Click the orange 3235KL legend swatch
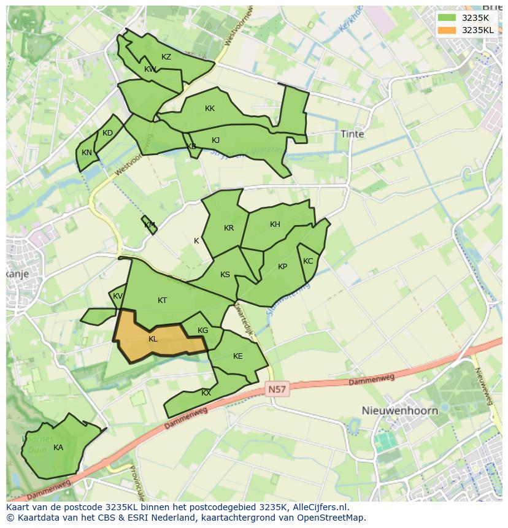tap(448, 30)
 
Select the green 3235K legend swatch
tap(448, 18)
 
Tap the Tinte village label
tap(352, 134)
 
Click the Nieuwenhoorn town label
tap(399, 410)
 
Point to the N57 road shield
tap(277, 389)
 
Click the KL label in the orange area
tap(153, 339)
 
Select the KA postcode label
tap(58, 448)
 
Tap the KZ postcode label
tap(166, 57)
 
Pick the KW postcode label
tap(150, 69)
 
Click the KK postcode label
tap(210, 109)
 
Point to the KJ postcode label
tap(215, 140)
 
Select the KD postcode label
tap(107, 133)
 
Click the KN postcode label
tap(87, 153)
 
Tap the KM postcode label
tap(150, 225)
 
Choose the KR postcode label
tap(229, 228)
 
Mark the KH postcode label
tap(275, 224)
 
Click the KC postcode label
tap(308, 261)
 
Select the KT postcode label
tap(162, 300)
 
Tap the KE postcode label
tap(237, 356)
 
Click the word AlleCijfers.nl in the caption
tap(321, 508)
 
